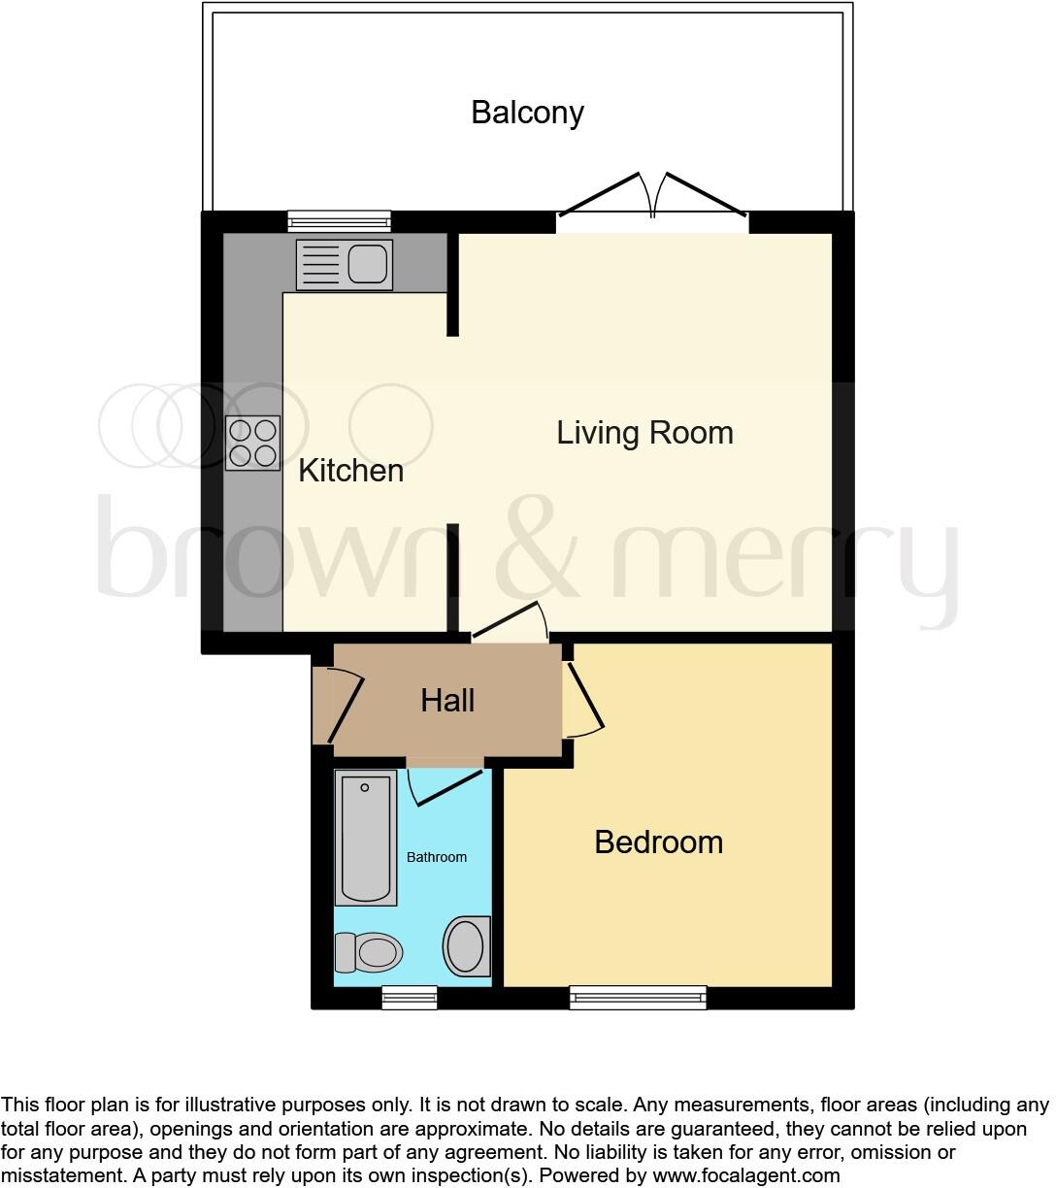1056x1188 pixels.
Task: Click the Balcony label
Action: [x=527, y=113]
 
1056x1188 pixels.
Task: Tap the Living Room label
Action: [x=644, y=433]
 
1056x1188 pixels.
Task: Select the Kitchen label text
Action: [x=350, y=471]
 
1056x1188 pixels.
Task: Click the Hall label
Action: [x=447, y=700]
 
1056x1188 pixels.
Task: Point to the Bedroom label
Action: [x=658, y=841]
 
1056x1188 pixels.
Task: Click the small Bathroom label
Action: [x=436, y=857]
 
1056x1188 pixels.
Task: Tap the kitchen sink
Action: [x=345, y=264]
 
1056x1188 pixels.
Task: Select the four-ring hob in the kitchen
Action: [x=252, y=444]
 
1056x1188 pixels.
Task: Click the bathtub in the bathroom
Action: [x=366, y=838]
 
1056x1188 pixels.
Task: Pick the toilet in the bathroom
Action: [x=368, y=952]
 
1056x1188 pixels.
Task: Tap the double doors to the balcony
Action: [x=652, y=199]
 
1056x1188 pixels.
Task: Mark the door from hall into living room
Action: [x=511, y=623]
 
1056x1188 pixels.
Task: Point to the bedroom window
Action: [x=638, y=997]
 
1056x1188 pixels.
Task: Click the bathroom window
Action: [x=409, y=997]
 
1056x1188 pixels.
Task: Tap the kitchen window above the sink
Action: [x=340, y=221]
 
